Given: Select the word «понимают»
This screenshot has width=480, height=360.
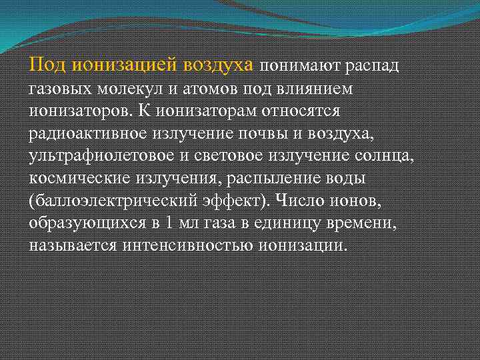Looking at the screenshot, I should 294,65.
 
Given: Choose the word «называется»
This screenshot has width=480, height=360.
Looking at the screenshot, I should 74,246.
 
